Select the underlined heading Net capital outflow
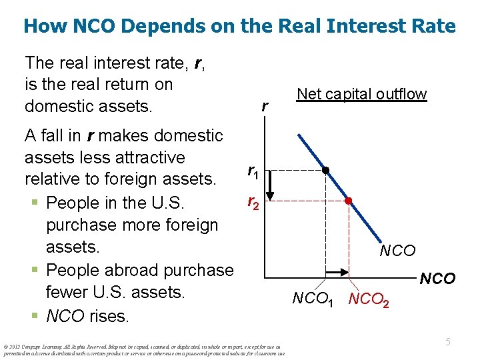361,94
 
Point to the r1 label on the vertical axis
253,172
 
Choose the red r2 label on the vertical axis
253,201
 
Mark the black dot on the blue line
325,170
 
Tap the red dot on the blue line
347,200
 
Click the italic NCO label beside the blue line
397,251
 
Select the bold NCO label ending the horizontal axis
437,279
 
